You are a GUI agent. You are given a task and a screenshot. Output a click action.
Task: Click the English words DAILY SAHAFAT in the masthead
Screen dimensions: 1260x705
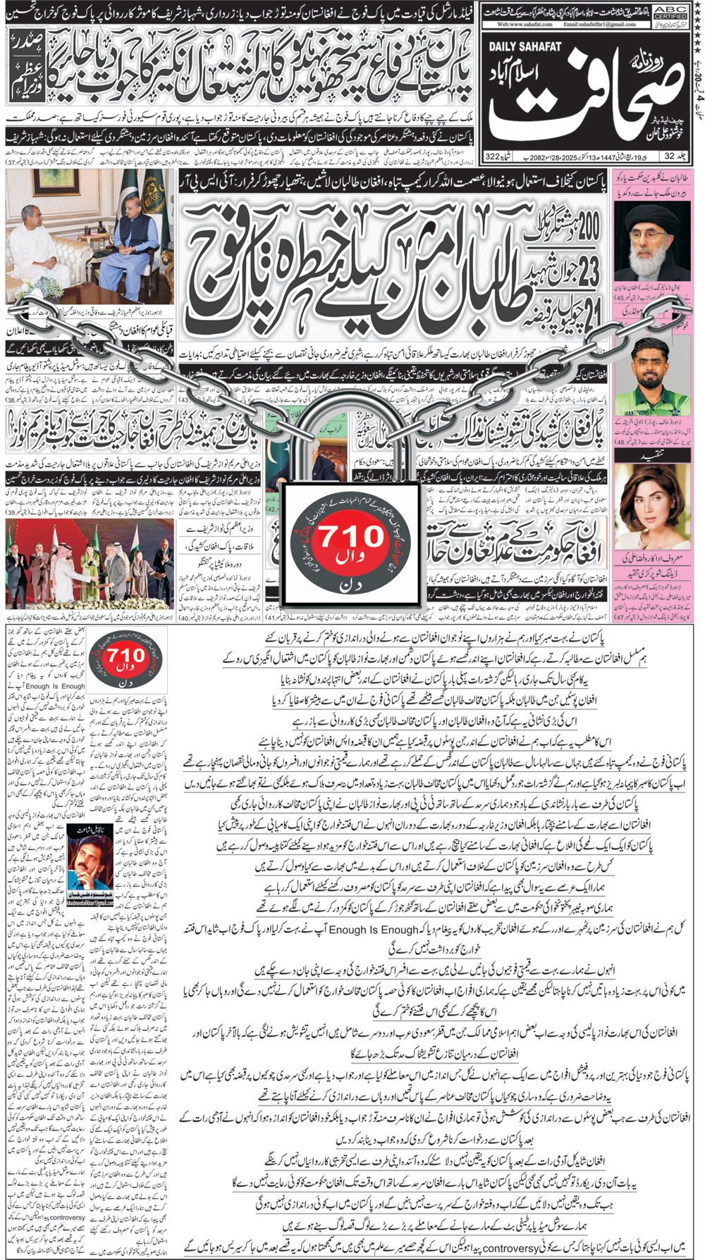(x=525, y=47)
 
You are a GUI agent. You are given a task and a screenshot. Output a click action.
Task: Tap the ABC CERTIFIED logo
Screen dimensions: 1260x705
(x=670, y=13)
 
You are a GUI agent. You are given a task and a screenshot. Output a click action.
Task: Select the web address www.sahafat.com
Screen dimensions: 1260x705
(x=525, y=24)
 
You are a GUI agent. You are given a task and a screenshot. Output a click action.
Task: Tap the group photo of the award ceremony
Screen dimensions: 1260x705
(x=90, y=563)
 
